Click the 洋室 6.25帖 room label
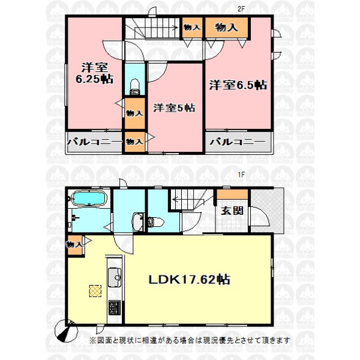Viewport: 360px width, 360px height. [94, 73]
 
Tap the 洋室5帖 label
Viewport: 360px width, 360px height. [174, 108]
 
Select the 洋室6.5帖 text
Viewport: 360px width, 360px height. [238, 85]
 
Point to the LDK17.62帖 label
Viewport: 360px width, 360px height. [190, 280]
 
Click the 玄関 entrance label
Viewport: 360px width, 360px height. [232, 211]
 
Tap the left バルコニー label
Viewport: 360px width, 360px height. [94, 142]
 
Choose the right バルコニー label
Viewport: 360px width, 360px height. [238, 142]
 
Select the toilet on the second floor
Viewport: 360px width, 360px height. [135, 87]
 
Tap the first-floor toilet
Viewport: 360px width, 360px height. [155, 222]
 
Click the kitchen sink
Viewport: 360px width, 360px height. [115, 277]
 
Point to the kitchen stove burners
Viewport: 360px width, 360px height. [115, 308]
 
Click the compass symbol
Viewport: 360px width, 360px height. [67, 331]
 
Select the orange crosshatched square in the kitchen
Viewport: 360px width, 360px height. [95, 291]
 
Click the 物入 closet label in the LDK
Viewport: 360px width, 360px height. [74, 245]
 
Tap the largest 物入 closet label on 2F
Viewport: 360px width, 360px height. [226, 28]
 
